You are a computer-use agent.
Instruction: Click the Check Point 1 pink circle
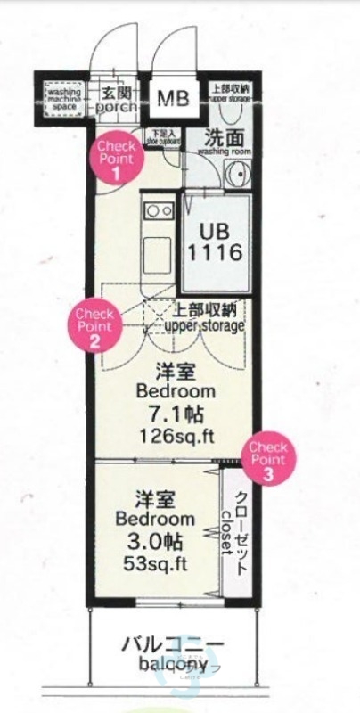pos(116,159)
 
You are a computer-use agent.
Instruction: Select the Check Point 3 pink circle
pos(268,460)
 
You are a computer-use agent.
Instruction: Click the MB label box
pos(174,97)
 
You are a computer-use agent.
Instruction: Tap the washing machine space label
pos(64,98)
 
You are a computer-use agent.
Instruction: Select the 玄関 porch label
pos(116,98)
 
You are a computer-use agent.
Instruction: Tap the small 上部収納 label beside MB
pos(231,93)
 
